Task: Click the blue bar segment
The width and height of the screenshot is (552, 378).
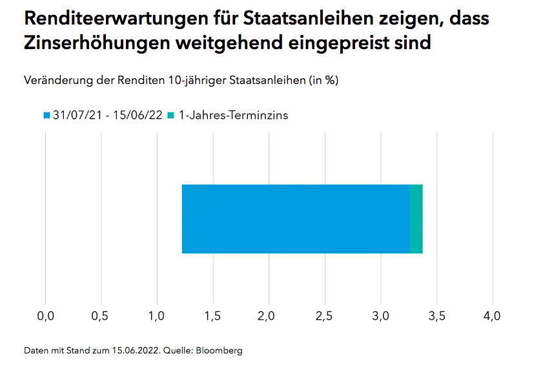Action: [x=296, y=219]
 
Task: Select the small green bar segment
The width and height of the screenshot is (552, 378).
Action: [x=416, y=219]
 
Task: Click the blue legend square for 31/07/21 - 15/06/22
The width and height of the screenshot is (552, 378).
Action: [x=46, y=116]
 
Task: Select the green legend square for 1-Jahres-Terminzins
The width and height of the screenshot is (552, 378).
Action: [x=171, y=116]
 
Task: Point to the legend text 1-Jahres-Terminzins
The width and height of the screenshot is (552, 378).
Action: [x=232, y=116]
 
